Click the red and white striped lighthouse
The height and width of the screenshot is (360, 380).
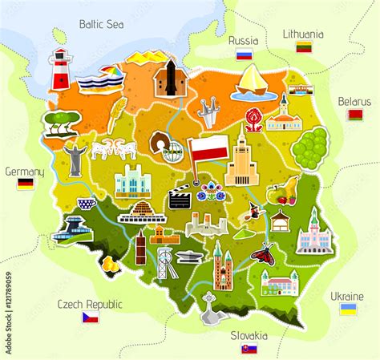coord(60,70)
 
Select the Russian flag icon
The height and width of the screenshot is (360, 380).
coord(244,55)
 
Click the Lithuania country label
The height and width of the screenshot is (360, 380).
coord(304,34)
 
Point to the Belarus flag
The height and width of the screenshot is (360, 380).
coord(355,115)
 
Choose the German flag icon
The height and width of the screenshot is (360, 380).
coord(26,184)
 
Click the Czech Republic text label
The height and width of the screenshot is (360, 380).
coord(89,304)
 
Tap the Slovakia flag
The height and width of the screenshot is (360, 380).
coord(249,349)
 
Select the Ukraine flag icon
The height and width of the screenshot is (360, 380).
coord(348,309)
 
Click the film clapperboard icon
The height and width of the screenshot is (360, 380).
coord(180,197)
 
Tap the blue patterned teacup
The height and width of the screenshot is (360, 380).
coord(87,204)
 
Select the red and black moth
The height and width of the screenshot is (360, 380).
coord(262,253)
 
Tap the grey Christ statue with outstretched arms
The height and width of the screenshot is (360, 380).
coord(75,158)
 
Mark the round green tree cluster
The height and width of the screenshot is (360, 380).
coord(309,148)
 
